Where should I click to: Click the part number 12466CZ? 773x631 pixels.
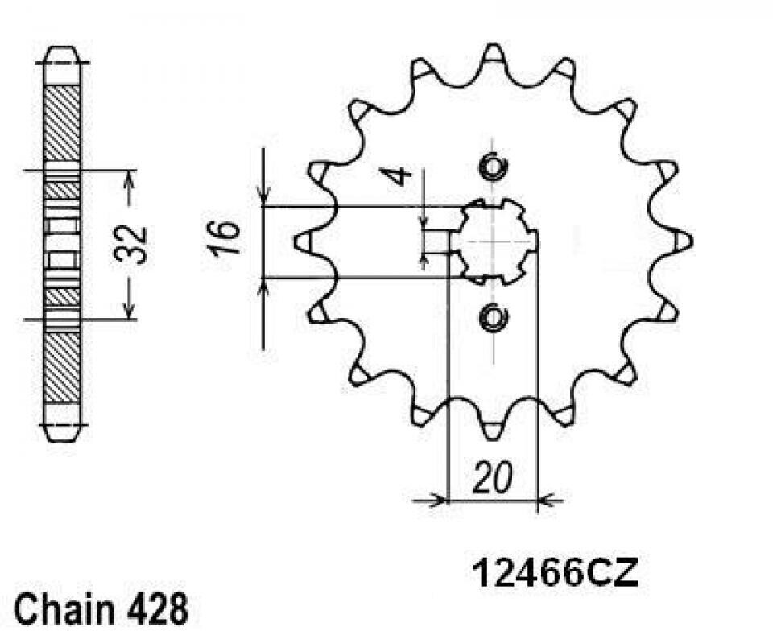pos(555,573)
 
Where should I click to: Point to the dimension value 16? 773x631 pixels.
pos(225,239)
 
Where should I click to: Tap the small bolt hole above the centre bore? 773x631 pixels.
pos(493,167)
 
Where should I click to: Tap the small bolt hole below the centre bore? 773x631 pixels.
pos(493,317)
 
